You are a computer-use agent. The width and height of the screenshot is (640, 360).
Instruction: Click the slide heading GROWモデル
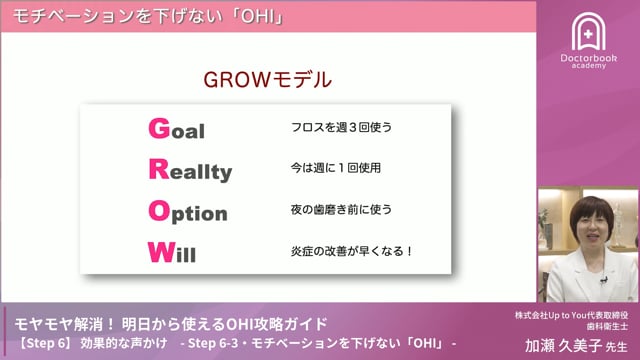[268, 79]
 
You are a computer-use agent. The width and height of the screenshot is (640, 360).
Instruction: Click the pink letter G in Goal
[156, 129]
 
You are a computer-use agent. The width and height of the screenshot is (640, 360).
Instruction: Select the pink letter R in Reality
[157, 170]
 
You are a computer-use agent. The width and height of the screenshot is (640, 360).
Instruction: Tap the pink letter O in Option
[157, 211]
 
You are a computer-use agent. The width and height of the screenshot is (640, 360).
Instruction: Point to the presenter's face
[586, 225]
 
